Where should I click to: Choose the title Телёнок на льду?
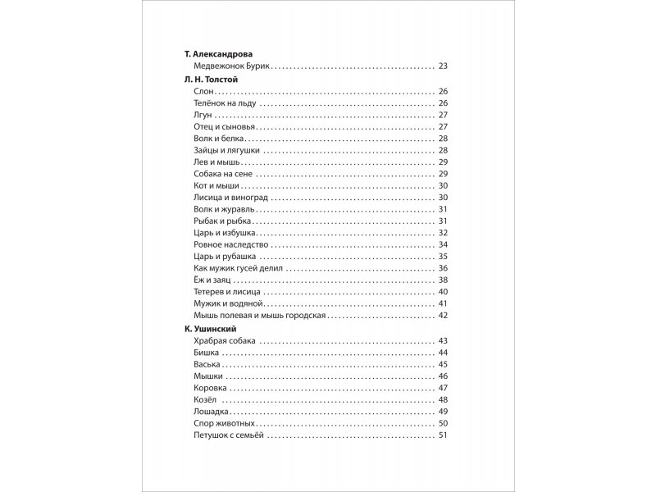pyautogui.click(x=225, y=103)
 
